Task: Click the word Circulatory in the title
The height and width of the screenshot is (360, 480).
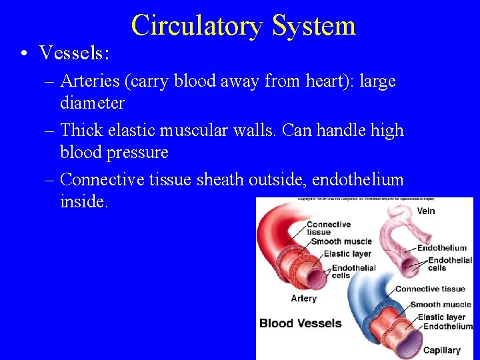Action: click(188, 26)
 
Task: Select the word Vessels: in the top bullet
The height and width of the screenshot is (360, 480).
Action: click(74, 52)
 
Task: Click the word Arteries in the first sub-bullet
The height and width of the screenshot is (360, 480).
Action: click(88, 81)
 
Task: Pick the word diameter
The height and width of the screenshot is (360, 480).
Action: click(92, 103)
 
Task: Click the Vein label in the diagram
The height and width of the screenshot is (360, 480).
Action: click(426, 211)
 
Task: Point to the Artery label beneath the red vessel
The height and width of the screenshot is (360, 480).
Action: click(303, 298)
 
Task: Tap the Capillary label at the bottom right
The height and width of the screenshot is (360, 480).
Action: click(441, 350)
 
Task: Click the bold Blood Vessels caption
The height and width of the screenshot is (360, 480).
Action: click(300, 323)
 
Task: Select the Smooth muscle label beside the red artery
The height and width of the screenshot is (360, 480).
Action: click(341, 241)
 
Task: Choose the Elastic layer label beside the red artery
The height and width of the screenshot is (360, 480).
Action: click(347, 254)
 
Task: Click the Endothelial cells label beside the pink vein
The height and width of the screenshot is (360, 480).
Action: click(449, 264)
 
